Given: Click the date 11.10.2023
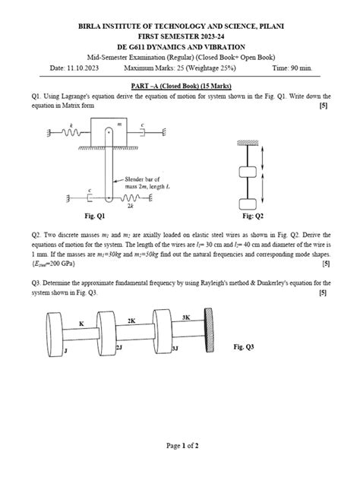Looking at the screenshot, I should point(81,68).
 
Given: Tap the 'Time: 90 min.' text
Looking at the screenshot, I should point(310,68).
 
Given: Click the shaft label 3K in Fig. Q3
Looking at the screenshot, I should point(186,317).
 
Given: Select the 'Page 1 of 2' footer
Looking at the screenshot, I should point(179,469).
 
